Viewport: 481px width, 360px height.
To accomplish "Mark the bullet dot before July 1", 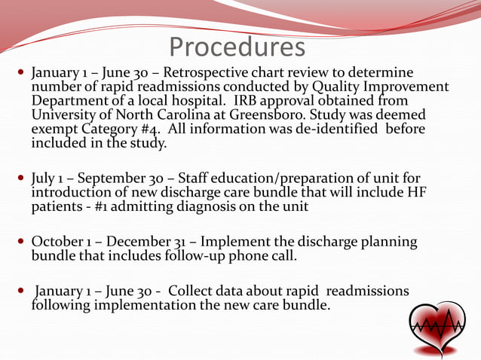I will pos(20,180).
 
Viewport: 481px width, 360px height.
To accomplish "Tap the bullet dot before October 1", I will pos(20,242).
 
